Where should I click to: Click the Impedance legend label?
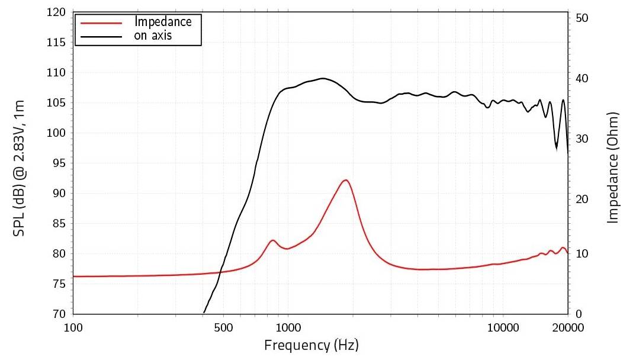coord(163,22)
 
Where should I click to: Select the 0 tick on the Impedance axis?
coord(578,314)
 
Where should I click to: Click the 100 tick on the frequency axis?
coord(73,327)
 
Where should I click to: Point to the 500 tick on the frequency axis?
coord(223,327)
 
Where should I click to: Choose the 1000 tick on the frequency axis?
coord(288,327)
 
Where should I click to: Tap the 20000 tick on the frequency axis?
coord(568,327)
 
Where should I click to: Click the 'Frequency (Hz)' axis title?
coord(311,345)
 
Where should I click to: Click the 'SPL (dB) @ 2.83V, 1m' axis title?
coord(19,168)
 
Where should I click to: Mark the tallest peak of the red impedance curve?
coord(345,180)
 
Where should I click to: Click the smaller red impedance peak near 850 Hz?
coord(272,240)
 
